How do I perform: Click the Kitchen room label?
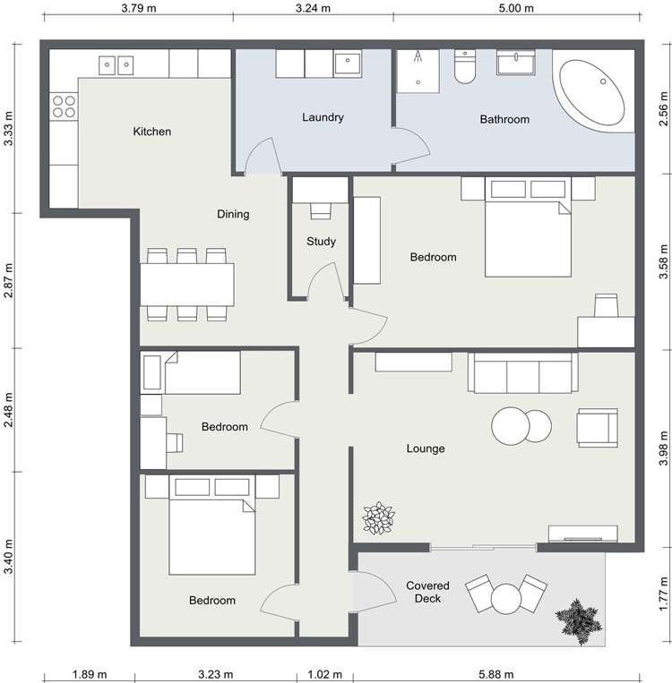151,132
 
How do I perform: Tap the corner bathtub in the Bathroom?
590,93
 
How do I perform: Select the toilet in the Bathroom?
466,68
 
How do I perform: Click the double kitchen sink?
116,64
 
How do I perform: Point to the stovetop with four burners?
64,107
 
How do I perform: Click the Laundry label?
323,117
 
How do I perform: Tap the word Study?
321,242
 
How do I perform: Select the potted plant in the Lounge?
378,518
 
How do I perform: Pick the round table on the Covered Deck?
507,596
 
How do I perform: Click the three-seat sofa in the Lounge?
521,373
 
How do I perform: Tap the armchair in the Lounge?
598,427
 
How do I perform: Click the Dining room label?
233,214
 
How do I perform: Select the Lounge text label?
425,448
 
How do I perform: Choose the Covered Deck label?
427,592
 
